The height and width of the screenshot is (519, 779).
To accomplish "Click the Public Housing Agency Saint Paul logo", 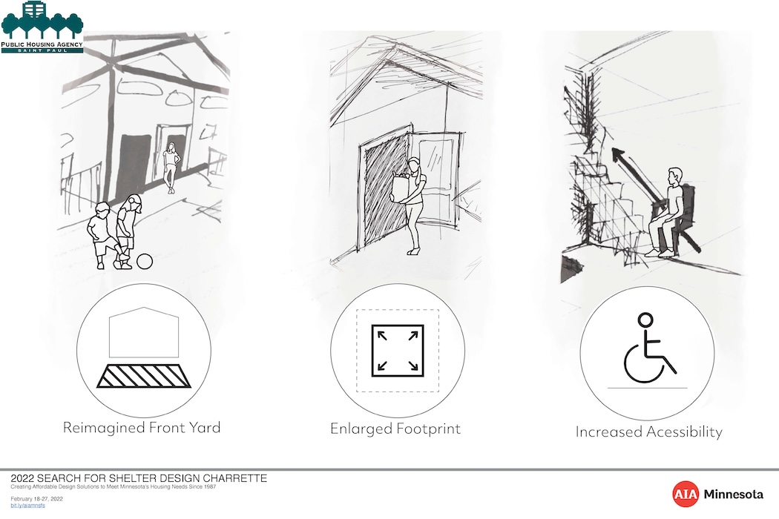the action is click(42, 27).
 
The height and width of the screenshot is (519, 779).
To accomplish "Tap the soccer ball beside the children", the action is click(145, 261).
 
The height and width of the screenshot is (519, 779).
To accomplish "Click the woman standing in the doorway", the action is click(171, 168).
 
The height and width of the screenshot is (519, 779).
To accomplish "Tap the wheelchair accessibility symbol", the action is click(648, 348).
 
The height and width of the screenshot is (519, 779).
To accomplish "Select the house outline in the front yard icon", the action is click(144, 332).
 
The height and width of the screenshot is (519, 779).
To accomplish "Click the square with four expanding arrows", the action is click(398, 351).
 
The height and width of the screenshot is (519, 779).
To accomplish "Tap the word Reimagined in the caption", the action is click(104, 428).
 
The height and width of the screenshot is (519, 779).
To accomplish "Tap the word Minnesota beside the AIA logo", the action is click(734, 495).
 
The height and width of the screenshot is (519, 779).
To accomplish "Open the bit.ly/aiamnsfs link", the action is click(28, 506).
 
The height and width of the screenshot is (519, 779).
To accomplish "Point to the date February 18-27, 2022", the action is click(37, 499).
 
